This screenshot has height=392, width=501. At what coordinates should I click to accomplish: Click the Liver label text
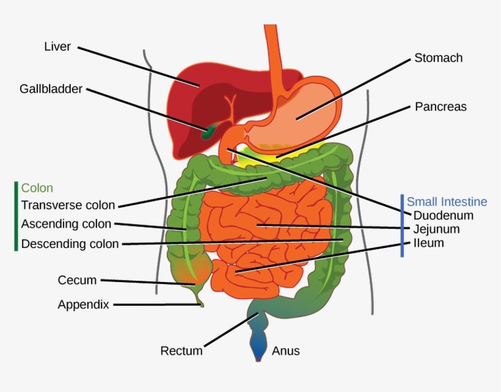[58, 46]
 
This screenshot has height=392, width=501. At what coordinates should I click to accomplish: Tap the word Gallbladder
[51, 89]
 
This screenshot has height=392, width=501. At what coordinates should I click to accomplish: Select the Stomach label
[438, 58]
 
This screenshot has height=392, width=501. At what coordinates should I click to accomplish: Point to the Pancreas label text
[441, 107]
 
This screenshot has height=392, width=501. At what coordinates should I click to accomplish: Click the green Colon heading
[37, 188]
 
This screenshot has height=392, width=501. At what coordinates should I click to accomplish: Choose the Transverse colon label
[68, 205]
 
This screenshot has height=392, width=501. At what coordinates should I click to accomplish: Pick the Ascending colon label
[66, 224]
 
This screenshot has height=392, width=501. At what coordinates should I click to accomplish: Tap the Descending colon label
[70, 244]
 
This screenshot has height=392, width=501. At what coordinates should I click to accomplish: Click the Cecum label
[77, 280]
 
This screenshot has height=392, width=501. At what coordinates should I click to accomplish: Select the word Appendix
[83, 304]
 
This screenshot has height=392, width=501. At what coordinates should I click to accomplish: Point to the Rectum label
[181, 350]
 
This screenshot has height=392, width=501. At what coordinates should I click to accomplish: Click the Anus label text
[286, 350]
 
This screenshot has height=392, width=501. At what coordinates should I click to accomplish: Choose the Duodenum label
[443, 216]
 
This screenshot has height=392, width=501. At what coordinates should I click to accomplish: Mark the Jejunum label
[436, 230]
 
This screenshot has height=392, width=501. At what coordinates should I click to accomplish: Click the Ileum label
[428, 243]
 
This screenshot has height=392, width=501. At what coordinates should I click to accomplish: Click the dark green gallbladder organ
[209, 131]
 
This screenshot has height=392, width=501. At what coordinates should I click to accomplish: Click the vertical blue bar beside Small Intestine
[402, 226]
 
